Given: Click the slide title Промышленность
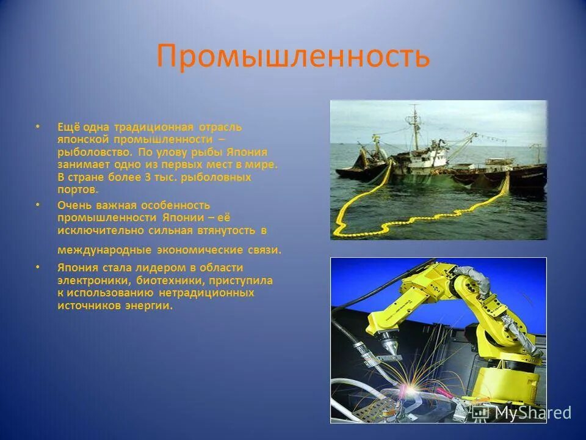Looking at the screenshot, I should coord(293,56).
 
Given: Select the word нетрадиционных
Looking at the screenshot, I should coord(206,293).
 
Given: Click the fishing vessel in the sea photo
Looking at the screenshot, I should coord(427,159).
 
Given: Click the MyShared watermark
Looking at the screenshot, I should coord(525,413).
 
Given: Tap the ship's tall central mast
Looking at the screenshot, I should coord(414,128).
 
